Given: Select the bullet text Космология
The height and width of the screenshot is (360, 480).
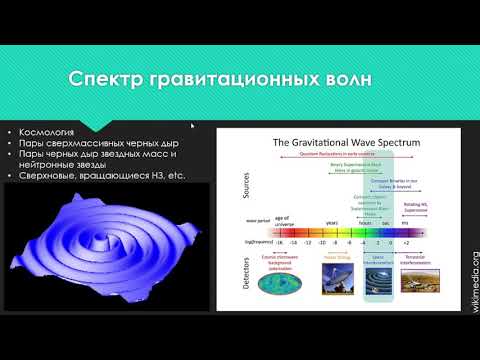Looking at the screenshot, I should point(49,132).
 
